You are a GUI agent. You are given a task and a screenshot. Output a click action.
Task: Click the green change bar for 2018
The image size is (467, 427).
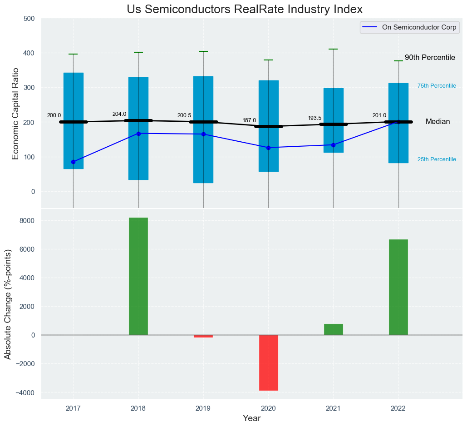[x=138, y=276]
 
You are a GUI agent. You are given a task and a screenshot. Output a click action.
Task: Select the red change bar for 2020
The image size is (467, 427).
[x=268, y=362]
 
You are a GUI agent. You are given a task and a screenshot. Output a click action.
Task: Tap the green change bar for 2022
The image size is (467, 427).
[x=398, y=287]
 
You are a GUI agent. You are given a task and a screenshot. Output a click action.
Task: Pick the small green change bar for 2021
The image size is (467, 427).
[x=333, y=329]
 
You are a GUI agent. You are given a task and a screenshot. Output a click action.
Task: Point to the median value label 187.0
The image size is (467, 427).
[x=249, y=120]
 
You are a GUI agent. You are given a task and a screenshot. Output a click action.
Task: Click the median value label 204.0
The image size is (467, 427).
[x=119, y=114]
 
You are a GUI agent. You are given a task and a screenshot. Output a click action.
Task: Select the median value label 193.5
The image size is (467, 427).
[x=315, y=118]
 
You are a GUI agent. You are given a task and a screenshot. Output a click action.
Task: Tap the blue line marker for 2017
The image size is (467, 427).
[x=74, y=162]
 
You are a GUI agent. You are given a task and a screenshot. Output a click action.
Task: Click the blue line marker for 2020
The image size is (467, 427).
[x=268, y=148]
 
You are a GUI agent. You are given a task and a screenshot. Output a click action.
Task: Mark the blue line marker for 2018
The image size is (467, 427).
[x=138, y=134]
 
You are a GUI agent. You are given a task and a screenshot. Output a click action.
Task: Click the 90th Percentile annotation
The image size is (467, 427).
[x=430, y=58]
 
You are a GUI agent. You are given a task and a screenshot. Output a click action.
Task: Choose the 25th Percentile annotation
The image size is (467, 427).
[x=437, y=159]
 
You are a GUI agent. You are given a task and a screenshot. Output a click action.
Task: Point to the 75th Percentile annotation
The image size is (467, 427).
[x=437, y=86]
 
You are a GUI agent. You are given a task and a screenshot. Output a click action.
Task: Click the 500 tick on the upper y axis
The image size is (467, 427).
[x=29, y=19]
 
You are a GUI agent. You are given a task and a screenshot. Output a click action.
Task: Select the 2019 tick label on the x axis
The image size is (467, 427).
[x=203, y=408]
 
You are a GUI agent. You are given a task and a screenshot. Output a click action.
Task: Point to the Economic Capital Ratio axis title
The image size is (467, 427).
[x=15, y=113]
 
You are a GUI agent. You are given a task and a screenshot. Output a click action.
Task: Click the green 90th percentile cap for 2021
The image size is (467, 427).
[x=333, y=49]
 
